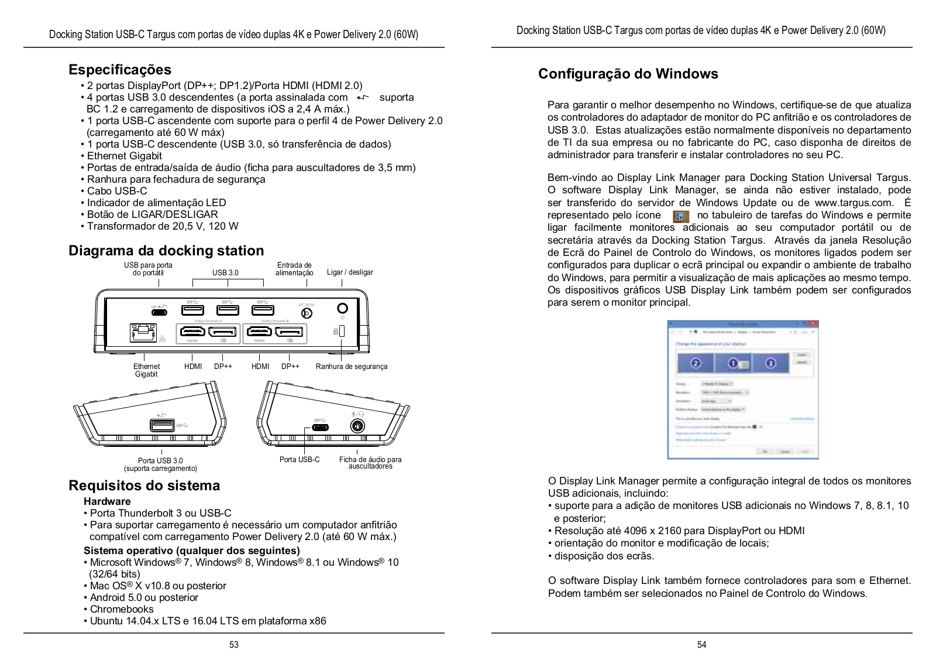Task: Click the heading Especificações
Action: point(120,70)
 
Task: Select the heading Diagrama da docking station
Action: point(166,251)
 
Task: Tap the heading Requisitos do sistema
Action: point(144,486)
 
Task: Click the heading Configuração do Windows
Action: point(628,74)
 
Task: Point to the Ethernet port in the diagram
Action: point(143,333)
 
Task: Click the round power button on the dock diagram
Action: point(343,308)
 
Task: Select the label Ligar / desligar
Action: point(350,272)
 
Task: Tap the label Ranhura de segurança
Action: point(352,367)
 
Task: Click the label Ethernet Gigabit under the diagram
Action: point(146,370)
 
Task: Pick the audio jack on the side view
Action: point(357,426)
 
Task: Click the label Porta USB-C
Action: point(300,460)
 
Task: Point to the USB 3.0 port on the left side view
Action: point(162,425)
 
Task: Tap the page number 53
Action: point(234,645)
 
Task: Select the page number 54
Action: point(702,645)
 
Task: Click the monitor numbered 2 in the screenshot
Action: point(696,364)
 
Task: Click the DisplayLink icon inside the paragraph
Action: point(681,216)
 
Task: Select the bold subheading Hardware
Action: point(107,501)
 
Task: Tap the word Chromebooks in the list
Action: point(122,609)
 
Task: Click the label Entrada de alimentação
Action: point(294,269)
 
